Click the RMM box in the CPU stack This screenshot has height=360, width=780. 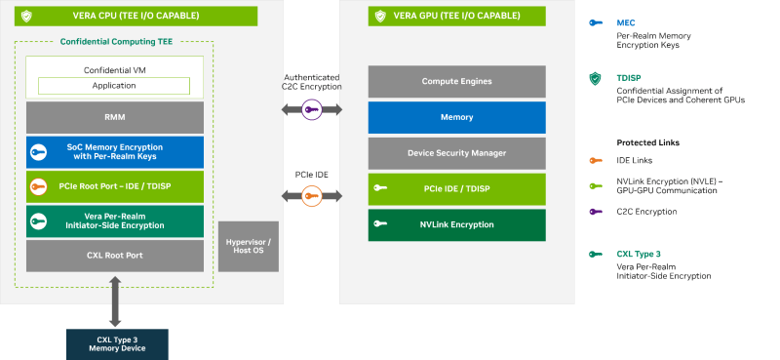pyautogui.click(x=115, y=117)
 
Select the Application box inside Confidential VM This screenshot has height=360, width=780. pyautogui.click(x=114, y=86)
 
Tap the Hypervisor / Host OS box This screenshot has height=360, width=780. pyautogui.click(x=249, y=247)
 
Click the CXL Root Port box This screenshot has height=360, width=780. pyautogui.click(x=115, y=256)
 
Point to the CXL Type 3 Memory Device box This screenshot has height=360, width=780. pyautogui.click(x=117, y=344)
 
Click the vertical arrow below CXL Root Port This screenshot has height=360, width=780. pyautogui.click(x=115, y=301)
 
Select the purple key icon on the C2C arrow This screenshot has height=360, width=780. pyautogui.click(x=312, y=109)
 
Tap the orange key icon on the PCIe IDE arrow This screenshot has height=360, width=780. pyautogui.click(x=312, y=196)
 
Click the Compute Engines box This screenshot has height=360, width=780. pyautogui.click(x=456, y=81)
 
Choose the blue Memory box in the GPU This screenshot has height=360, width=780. pyautogui.click(x=456, y=117)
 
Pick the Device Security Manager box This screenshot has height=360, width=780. pyautogui.click(x=456, y=153)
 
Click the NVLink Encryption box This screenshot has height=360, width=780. pyautogui.click(x=456, y=225)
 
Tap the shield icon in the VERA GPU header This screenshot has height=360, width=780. pyautogui.click(x=380, y=16)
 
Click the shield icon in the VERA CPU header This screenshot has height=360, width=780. pyautogui.click(x=26, y=16)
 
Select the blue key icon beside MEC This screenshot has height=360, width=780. pyautogui.click(x=596, y=22)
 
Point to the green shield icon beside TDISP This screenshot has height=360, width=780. pyautogui.click(x=595, y=79)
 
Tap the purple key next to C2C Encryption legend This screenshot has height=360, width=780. pyautogui.click(x=596, y=212)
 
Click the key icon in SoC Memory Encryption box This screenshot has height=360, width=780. pyautogui.click(x=38, y=152)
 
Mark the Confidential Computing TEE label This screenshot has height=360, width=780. pyautogui.click(x=116, y=42)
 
